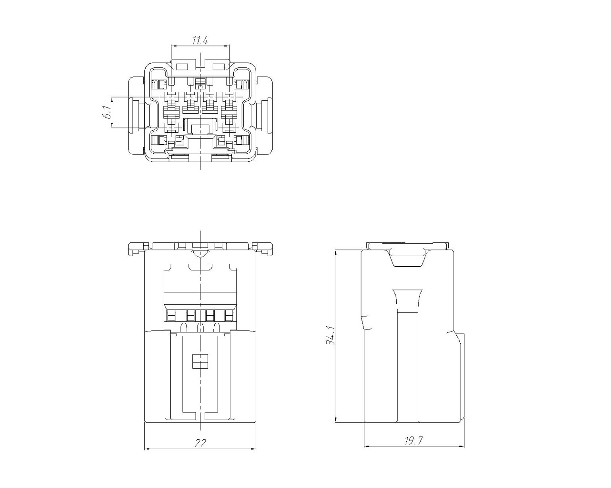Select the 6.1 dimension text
[107, 112]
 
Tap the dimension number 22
[200, 443]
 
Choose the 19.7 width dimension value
[413, 440]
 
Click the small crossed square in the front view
[200, 362]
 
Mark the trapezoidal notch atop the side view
[408, 258]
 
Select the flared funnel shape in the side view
[408, 301]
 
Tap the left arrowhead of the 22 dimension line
[147, 449]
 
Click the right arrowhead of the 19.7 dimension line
[461, 446]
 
